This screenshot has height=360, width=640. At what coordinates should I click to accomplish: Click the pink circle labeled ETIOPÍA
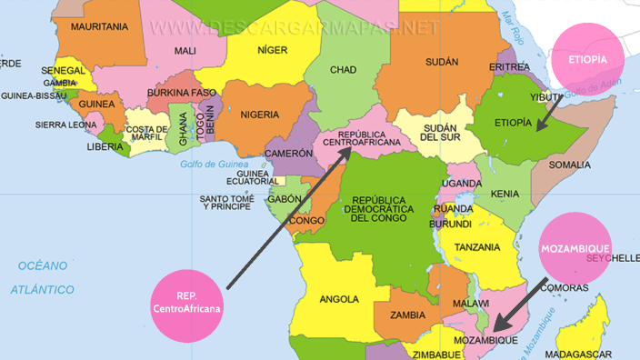588,59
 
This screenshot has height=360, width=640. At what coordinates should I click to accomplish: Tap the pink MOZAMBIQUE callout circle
575,248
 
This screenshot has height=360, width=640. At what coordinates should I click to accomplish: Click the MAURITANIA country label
98,26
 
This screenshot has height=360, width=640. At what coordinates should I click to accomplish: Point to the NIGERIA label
260,115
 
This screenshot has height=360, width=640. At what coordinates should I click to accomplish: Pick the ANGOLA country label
339,298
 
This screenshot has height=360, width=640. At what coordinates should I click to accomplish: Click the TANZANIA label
477,247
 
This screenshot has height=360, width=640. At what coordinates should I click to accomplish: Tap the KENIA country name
505,194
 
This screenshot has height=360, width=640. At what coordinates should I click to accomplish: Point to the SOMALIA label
569,165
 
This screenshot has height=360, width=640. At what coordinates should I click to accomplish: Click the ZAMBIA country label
407,315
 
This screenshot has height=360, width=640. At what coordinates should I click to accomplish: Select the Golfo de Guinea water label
215,164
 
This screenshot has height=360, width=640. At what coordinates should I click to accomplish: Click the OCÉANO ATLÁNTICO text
43,277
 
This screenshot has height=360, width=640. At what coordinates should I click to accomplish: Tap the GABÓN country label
285,199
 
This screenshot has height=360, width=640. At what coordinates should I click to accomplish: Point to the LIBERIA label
105,146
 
